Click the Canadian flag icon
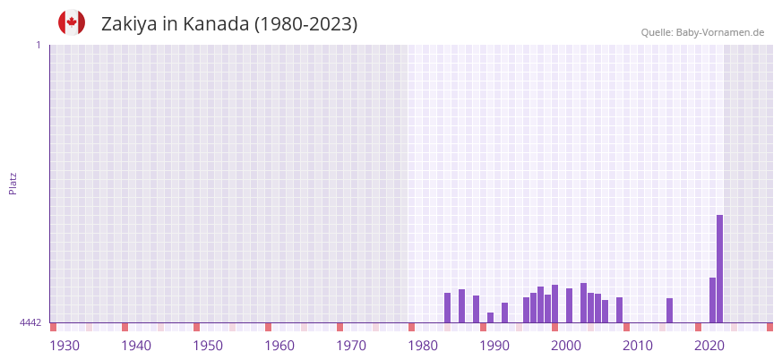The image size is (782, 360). [x=72, y=22]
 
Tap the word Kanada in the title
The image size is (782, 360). [x=216, y=24]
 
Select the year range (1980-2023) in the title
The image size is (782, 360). [x=306, y=24]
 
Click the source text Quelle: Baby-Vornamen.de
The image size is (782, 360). [x=702, y=32]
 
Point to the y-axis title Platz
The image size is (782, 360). [x=13, y=183]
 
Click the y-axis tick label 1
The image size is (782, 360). [x=38, y=45]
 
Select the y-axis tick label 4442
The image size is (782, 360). [x=30, y=322]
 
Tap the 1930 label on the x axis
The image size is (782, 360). [x=64, y=346]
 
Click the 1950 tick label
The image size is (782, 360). [x=208, y=346]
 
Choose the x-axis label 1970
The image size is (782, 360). [x=351, y=346]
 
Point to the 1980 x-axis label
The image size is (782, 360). [x=423, y=346]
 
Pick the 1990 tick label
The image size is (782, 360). [x=494, y=346]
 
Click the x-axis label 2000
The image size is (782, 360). [x=566, y=346]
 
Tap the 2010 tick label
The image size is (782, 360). [x=638, y=346]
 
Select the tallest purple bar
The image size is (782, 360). [x=719, y=269]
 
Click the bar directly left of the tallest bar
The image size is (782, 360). [x=712, y=300]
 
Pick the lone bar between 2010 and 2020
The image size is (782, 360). [x=669, y=310]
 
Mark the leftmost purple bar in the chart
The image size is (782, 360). [x=447, y=307]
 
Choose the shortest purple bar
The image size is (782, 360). [x=490, y=317]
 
